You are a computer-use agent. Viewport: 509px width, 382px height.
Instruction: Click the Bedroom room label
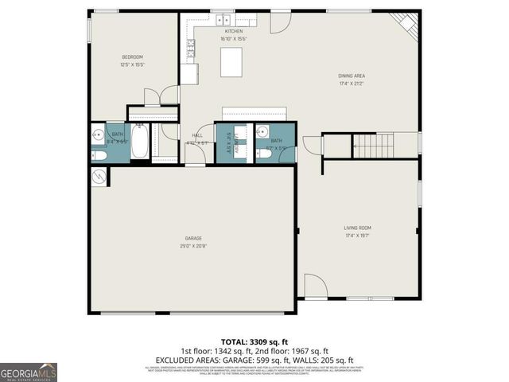click(132, 57)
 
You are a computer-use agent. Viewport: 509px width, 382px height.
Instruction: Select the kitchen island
click(231, 61)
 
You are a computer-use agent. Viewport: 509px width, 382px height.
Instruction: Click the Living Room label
click(358, 228)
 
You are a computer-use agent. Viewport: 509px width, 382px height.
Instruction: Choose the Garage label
click(193, 239)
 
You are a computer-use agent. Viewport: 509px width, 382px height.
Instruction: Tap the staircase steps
click(373, 146)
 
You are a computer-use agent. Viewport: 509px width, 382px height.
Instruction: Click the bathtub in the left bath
click(141, 142)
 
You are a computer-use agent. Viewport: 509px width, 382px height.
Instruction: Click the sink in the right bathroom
click(266, 133)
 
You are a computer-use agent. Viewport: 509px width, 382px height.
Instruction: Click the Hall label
click(197, 135)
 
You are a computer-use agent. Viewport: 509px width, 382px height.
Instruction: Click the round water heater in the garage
click(99, 177)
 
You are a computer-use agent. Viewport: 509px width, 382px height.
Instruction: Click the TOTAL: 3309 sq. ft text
click(254, 341)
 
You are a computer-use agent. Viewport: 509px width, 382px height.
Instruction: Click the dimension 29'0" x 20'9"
click(193, 246)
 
